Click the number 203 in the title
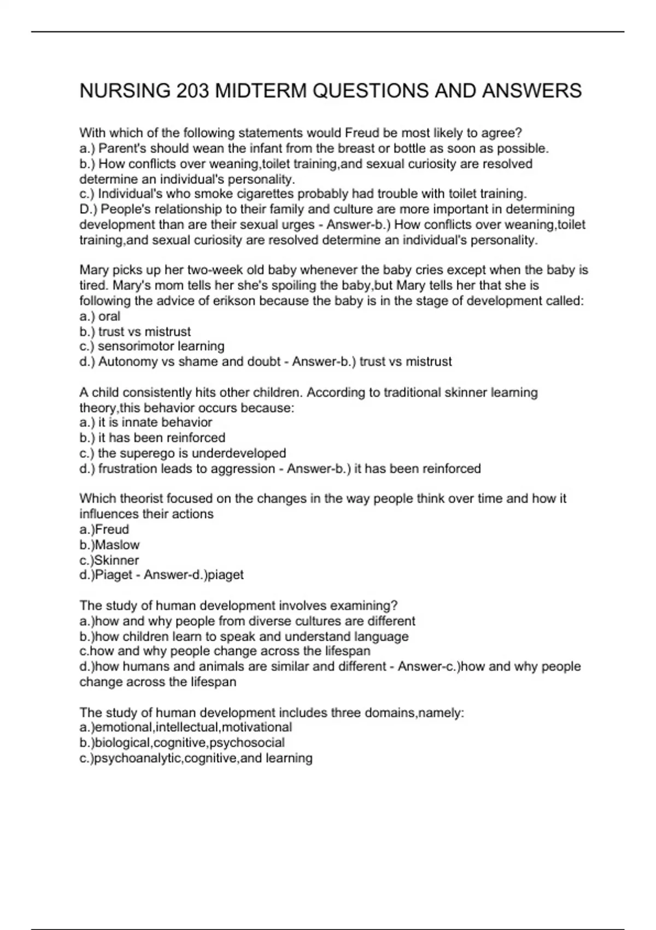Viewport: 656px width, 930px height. (193, 91)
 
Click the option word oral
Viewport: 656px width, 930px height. (109, 316)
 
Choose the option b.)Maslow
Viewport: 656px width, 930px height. (109, 545)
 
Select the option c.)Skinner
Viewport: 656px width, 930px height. (109, 560)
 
